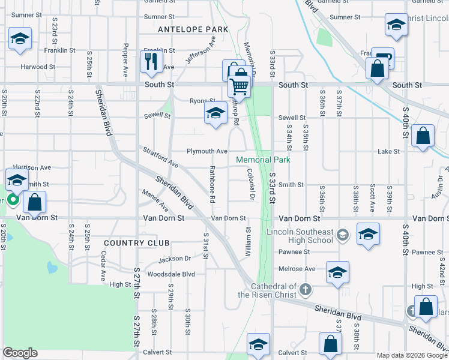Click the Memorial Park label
(x=263, y=160)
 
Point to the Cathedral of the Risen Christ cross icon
(x=305, y=290)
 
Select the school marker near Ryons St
(x=215, y=114)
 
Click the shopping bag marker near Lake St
(x=423, y=136)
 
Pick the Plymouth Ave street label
(x=206, y=151)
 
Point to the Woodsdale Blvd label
(x=172, y=274)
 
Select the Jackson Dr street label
(x=175, y=259)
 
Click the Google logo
(x=20, y=353)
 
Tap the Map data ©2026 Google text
(x=411, y=355)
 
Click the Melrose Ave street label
(x=297, y=269)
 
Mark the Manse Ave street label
(x=155, y=200)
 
